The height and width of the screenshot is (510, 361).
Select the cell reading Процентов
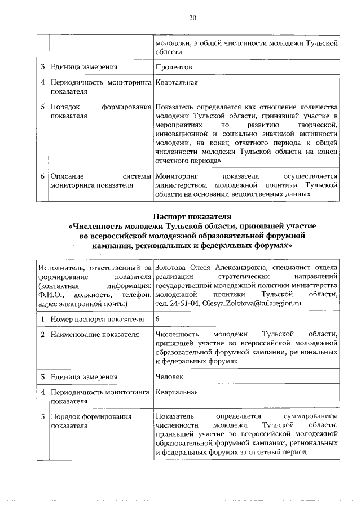click(174, 67)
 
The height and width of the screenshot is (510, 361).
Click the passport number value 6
click(158, 320)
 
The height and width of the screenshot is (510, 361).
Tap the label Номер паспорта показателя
click(95, 320)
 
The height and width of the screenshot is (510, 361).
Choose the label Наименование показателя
click(94, 335)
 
